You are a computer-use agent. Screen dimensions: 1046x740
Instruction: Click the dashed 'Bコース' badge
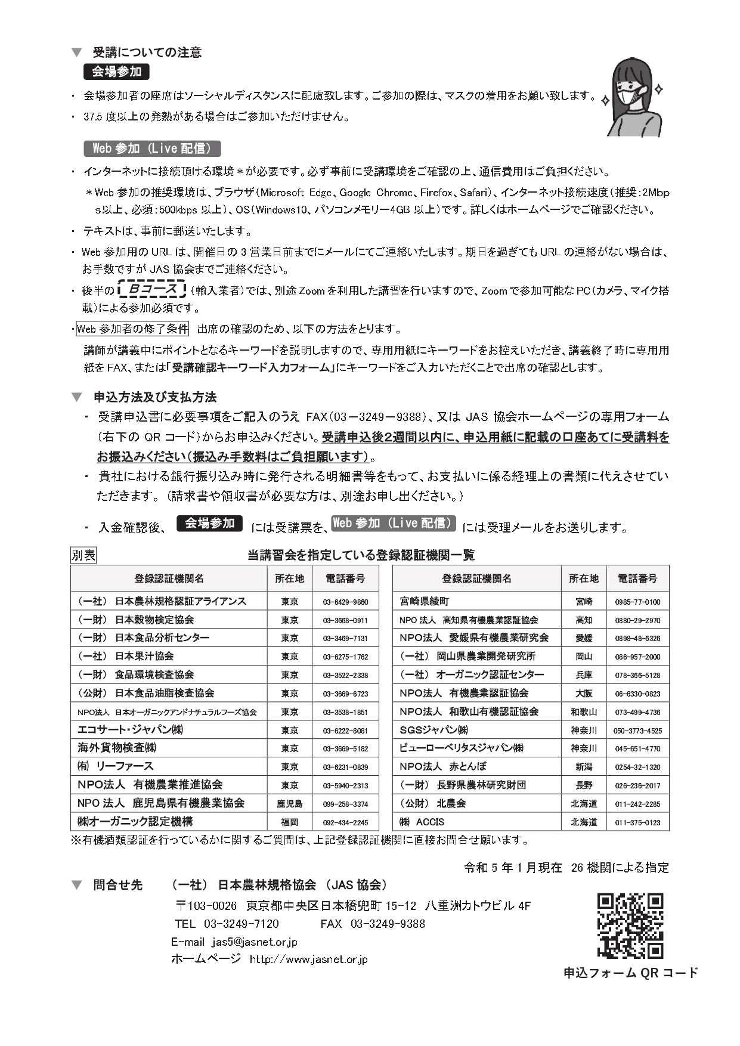152,290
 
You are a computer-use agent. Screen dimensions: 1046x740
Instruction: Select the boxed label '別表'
83,555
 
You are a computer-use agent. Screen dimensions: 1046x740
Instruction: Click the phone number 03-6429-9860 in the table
345,602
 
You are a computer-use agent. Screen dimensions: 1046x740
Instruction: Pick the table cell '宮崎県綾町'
425,601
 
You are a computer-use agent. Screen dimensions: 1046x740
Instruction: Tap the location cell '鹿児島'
289,804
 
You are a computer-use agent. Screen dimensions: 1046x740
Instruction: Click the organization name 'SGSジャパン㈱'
434,730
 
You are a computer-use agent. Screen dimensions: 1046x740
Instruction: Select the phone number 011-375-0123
637,822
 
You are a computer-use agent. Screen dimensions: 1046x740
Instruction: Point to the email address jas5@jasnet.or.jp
254,942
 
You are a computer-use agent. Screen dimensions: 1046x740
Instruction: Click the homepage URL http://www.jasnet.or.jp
308,960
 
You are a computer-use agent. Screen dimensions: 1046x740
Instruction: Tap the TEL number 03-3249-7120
241,924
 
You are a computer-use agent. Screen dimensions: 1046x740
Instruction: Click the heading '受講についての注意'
147,52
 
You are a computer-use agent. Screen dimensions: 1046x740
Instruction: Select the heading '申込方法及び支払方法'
155,397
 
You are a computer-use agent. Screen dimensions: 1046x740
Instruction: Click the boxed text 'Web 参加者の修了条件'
132,329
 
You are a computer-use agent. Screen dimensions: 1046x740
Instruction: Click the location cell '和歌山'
583,712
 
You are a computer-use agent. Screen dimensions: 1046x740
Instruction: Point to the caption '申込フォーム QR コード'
630,973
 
